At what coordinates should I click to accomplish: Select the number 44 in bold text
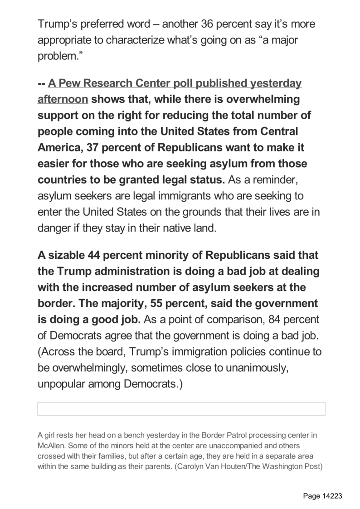coord(94,255)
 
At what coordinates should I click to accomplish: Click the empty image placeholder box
coord(181,409)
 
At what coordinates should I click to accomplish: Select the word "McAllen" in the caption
coord(50,444)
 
